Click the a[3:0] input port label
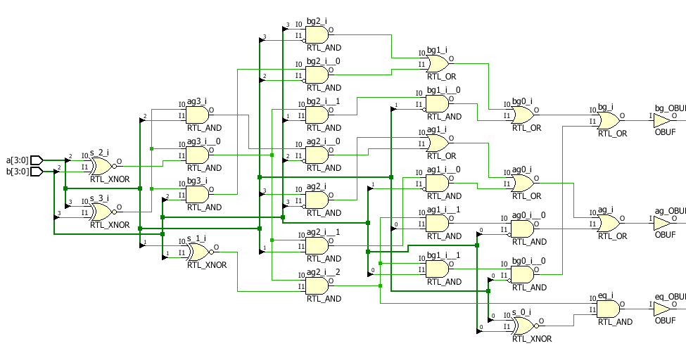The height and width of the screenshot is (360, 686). [x=18, y=160]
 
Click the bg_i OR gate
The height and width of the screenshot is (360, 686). [x=609, y=120]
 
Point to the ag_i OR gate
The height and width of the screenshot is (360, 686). [x=609, y=223]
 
